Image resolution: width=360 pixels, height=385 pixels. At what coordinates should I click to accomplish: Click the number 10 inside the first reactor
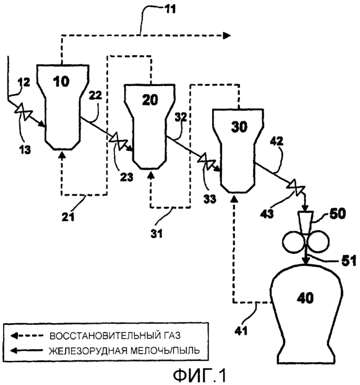61,81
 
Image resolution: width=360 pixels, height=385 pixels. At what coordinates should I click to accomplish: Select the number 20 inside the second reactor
150,100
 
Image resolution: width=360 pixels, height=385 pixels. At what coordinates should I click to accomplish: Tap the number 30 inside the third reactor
239,127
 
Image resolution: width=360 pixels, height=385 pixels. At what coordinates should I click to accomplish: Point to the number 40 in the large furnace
306,298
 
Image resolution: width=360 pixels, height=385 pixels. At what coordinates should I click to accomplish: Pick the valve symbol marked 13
24,111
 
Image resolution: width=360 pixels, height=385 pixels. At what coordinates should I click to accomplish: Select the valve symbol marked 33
207,162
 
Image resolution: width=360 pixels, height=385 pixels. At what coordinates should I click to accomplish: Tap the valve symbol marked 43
296,188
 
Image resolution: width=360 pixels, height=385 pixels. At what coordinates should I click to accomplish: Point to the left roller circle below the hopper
294,242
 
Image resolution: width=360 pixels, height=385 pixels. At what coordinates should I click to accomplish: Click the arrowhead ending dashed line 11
227,36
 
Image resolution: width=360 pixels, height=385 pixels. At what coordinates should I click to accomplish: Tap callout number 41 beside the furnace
241,331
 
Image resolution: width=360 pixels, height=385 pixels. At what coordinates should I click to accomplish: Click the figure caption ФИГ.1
200,376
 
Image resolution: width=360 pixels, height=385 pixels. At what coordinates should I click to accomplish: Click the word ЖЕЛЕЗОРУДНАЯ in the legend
88,351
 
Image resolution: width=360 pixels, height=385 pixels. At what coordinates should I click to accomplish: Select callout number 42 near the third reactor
276,141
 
